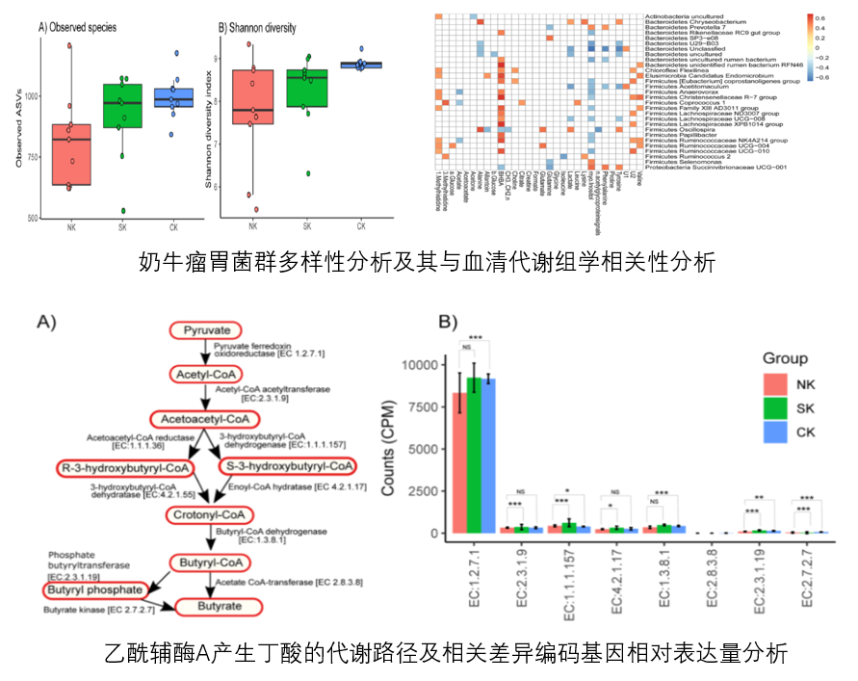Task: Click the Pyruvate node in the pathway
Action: pos(208,330)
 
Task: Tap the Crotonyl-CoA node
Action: pos(208,515)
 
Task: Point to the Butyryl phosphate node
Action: pos(93,589)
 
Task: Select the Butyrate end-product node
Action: pos(218,607)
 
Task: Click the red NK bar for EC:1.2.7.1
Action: pos(460,462)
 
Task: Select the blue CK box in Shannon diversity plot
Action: pos(361,65)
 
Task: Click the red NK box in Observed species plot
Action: pos(72,154)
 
